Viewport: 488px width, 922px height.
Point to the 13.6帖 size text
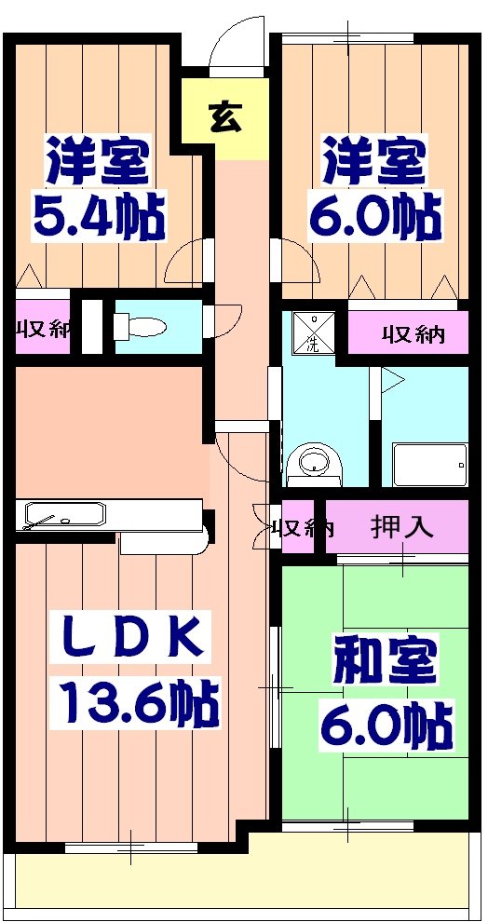(x=140, y=705)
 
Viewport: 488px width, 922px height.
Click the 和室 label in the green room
(x=385, y=663)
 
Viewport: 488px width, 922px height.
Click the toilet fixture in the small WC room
(x=140, y=327)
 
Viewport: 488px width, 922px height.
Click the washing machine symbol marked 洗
(x=313, y=332)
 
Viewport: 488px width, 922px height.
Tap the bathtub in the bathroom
(x=429, y=463)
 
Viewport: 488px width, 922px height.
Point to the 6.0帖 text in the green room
(x=386, y=725)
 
